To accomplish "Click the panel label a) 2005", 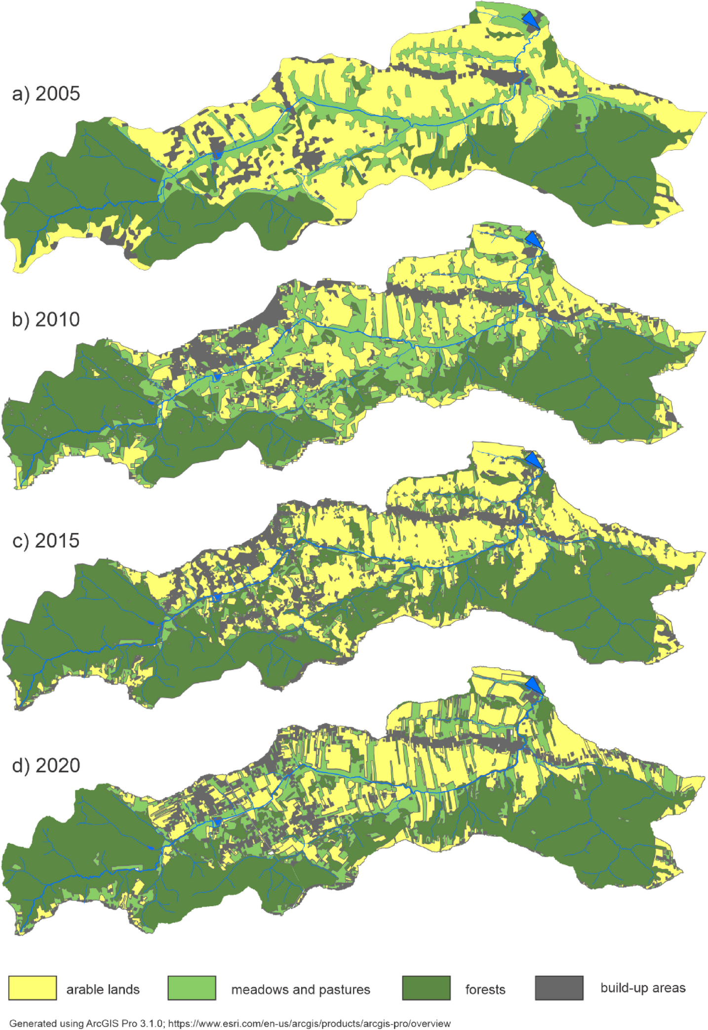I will [46, 94].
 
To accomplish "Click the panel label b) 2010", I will [46, 320].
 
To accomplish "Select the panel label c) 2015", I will [46, 541].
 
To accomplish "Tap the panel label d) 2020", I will [46, 766].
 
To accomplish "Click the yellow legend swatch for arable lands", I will [33, 988].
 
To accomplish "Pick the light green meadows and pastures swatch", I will [192, 988].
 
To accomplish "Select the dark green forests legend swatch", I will [426, 988].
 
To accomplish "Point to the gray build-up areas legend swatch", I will [559, 988].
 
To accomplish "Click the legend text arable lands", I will [103, 989].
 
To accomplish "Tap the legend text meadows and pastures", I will [301, 989].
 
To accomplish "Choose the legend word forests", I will [485, 989].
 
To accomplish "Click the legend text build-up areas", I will [643, 988].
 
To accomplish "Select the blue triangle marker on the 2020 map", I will [533, 686].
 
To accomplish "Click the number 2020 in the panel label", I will [58, 766].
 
